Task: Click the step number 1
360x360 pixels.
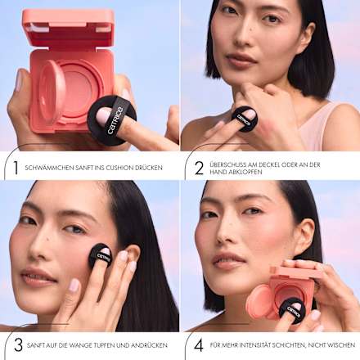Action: pyautogui.click(x=16, y=168)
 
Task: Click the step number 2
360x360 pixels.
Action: pyautogui.click(x=199, y=168)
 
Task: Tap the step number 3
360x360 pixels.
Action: pyautogui.click(x=18, y=345)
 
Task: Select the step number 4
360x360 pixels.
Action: pyautogui.click(x=199, y=345)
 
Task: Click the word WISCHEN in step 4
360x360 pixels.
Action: pyautogui.click(x=341, y=345)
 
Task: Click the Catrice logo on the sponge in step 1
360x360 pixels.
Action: pyautogui.click(x=115, y=120)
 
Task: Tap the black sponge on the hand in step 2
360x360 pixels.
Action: pyautogui.click(x=245, y=119)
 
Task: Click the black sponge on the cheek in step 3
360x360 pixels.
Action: pyautogui.click(x=101, y=256)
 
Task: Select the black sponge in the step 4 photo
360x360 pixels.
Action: pyautogui.click(x=292, y=311)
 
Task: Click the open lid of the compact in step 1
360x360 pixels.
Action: pyautogui.click(x=68, y=27)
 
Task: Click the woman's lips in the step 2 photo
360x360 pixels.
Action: pyautogui.click(x=241, y=61)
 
